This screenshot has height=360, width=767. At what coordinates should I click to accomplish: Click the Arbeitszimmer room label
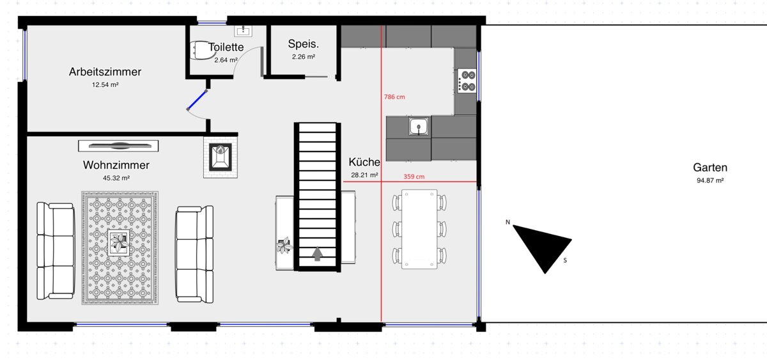105,72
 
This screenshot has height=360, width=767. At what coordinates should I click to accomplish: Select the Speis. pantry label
304,44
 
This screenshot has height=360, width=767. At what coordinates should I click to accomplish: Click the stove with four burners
467,81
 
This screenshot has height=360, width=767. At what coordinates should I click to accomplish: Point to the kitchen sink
419,127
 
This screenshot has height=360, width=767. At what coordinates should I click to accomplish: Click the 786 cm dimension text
394,97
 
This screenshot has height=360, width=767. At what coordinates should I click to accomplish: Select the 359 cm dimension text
414,176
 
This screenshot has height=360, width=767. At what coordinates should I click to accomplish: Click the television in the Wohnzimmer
118,146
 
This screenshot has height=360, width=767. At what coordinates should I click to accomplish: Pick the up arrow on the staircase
318,254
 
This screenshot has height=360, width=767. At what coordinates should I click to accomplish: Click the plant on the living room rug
119,242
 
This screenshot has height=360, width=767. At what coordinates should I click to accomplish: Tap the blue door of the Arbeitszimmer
197,100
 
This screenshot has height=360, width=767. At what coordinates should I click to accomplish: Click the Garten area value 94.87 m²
710,180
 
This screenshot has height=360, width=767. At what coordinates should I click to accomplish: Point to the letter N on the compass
507,223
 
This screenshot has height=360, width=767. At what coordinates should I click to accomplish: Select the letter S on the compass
565,261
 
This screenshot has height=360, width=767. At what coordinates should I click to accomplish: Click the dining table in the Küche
419,229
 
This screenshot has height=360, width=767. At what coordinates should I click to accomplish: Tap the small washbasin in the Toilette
243,31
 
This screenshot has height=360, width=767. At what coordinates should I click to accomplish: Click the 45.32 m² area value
116,178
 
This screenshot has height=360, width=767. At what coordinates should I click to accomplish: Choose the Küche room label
364,162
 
